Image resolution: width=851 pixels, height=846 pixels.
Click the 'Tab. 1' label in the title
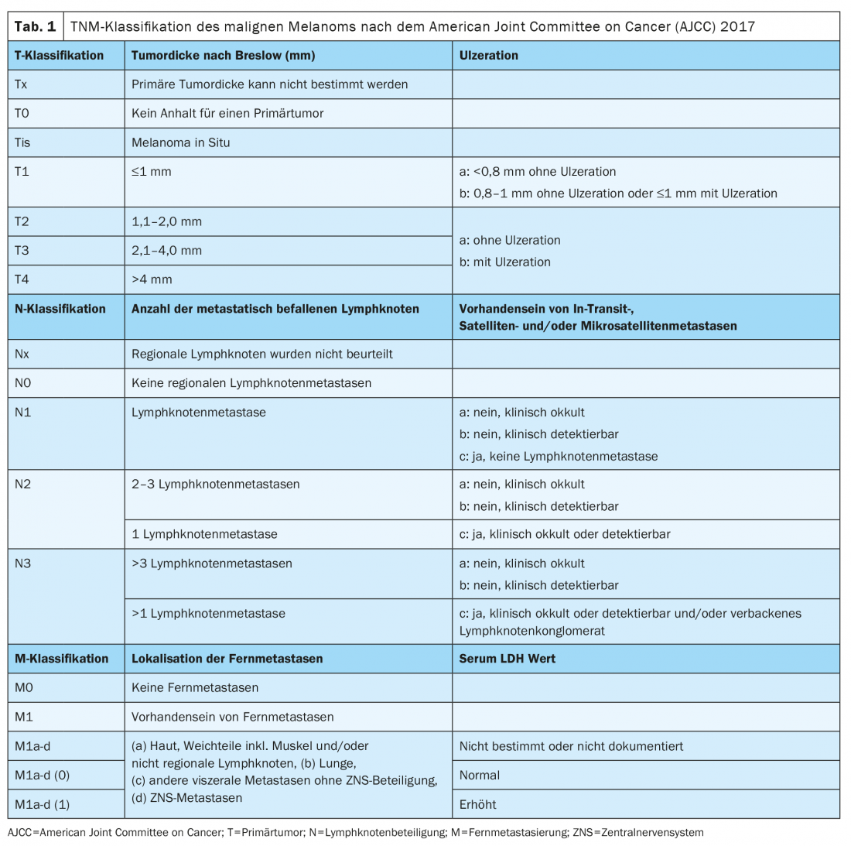coord(36,26)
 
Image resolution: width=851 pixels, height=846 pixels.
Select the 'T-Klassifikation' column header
coord(59,56)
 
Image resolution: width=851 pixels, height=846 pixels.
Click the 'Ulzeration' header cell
coord(488,56)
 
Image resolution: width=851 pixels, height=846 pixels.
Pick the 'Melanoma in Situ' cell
coord(181,142)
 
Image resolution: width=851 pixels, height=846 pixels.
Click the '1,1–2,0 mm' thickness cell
coord(166,221)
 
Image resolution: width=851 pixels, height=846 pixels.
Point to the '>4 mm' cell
coord(152,279)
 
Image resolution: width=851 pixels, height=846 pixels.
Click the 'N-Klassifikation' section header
coord(60,309)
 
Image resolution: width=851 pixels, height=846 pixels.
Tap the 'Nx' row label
coord(22,354)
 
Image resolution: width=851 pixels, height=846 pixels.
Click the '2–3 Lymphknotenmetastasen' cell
coord(215,485)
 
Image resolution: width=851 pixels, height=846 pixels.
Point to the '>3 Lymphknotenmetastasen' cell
coord(212,563)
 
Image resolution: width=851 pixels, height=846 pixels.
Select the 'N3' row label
coord(23,563)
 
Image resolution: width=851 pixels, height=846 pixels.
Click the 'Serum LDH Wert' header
coord(507,659)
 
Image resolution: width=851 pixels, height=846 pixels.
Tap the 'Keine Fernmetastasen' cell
coord(195,687)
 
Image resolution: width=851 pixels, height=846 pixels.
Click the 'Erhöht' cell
coord(478,804)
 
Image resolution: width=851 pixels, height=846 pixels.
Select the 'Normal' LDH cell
coord(480,775)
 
